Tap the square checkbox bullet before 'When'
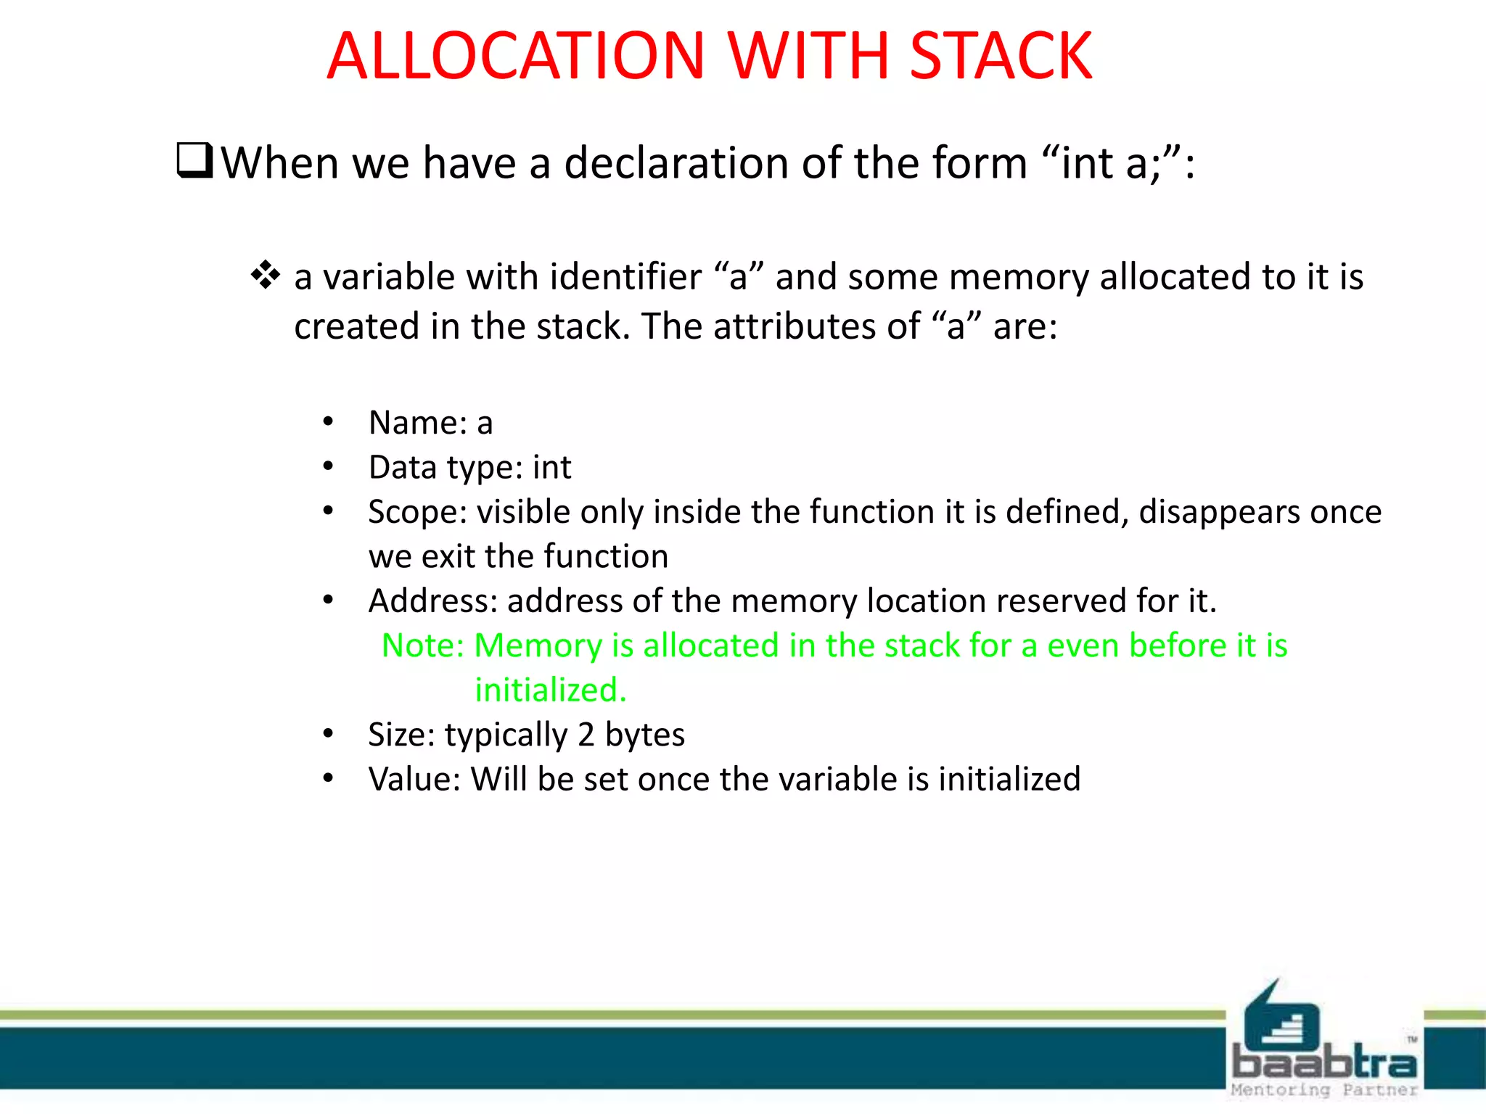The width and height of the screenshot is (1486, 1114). click(194, 161)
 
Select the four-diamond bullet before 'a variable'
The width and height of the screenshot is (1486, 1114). click(266, 276)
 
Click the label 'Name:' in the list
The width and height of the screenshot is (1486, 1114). click(418, 423)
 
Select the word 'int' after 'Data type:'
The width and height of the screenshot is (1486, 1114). click(551, 468)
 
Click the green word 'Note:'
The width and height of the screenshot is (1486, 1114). click(422, 645)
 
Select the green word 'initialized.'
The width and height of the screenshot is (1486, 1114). click(551, 690)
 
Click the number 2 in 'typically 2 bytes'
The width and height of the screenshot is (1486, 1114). click(586, 735)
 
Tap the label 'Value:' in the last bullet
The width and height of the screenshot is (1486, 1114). click(414, 780)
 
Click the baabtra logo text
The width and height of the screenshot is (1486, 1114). click(1324, 1063)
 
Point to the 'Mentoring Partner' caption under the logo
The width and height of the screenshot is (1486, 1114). click(1324, 1090)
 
